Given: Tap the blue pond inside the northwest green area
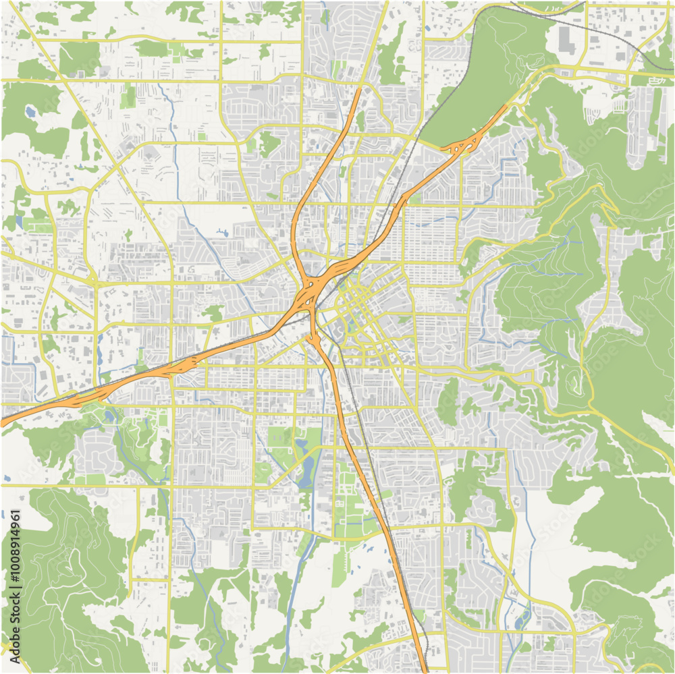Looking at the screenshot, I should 30,111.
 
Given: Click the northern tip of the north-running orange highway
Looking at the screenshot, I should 360,88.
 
